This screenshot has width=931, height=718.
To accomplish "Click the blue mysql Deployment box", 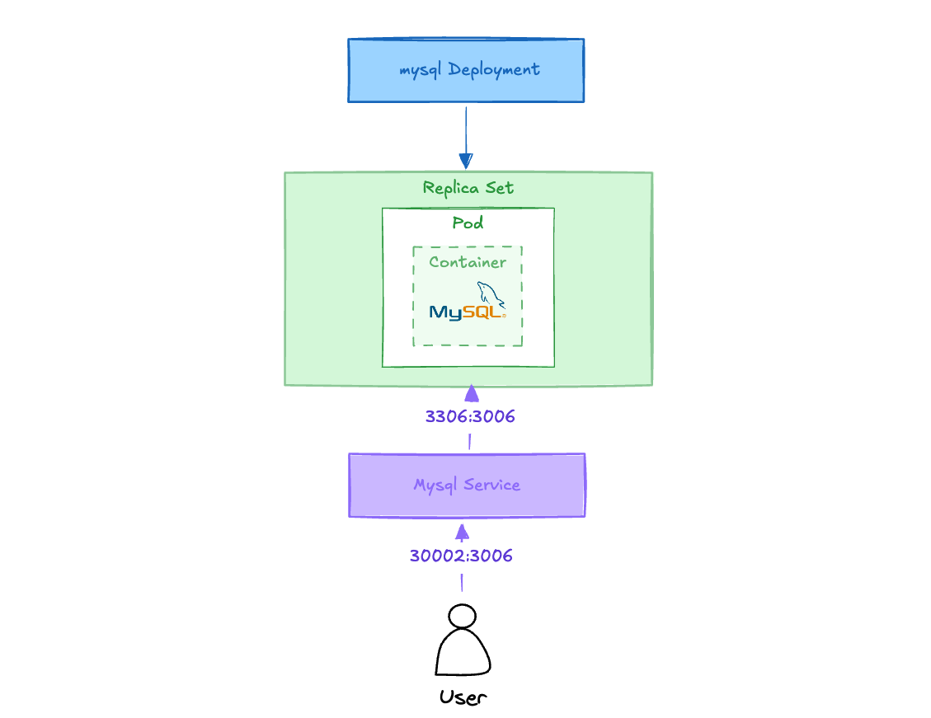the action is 466,71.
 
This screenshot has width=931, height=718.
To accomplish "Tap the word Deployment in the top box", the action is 494,70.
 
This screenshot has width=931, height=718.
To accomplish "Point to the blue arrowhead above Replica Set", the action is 466,161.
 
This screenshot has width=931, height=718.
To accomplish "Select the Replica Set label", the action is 468,188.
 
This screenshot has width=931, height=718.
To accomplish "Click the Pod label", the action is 468,223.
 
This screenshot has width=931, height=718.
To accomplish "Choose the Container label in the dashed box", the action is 468,261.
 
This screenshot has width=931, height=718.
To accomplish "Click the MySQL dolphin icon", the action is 491,294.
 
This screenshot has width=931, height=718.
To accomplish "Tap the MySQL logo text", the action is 468,312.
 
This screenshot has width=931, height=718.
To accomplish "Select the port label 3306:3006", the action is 470,416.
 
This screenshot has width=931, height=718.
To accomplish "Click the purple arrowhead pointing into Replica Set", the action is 472,393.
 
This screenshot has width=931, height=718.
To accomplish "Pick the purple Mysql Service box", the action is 468,486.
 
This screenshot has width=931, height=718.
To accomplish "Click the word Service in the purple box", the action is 491,485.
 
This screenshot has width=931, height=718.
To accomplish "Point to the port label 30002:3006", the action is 461,556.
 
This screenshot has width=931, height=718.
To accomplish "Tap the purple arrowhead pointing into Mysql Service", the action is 463,533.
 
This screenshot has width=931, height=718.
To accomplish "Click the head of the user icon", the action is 463,616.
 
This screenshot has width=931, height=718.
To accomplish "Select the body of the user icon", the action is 463,652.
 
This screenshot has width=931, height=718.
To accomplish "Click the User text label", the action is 463,697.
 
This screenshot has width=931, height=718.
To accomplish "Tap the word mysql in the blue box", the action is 421,71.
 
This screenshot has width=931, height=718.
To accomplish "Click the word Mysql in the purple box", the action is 435,486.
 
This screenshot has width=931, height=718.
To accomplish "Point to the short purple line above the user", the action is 462,583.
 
